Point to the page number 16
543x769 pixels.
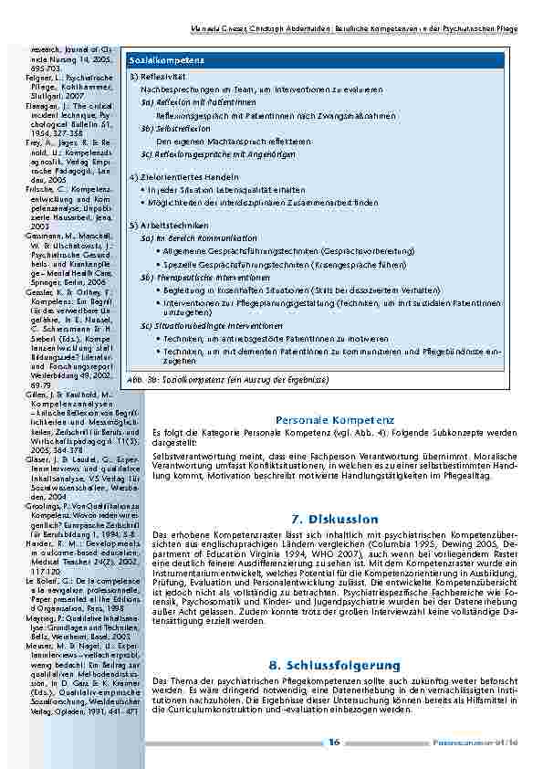334,743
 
